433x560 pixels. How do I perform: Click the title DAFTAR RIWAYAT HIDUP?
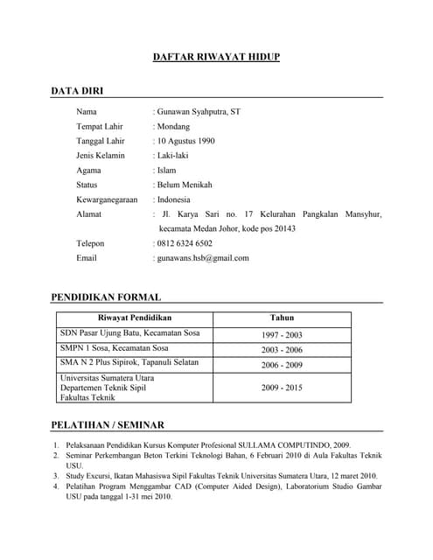click(x=216, y=58)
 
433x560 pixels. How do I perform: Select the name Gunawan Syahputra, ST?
click(x=199, y=112)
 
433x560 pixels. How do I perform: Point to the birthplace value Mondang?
click(x=173, y=126)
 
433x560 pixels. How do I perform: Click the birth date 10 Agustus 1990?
click(x=185, y=141)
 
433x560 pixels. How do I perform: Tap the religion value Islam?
click(x=166, y=170)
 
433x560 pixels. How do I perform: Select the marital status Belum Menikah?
click(x=185, y=185)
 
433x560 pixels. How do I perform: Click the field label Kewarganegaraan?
click(x=108, y=199)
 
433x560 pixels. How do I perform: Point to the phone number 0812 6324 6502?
click(x=185, y=243)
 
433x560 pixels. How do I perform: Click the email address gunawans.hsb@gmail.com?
click(x=202, y=258)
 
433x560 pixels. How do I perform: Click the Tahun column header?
click(x=282, y=318)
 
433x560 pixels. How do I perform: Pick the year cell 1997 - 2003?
click(x=282, y=335)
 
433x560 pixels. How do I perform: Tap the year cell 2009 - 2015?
click(x=282, y=387)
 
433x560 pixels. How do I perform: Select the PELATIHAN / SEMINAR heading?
click(x=108, y=425)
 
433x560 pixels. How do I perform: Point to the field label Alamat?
click(x=89, y=214)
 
